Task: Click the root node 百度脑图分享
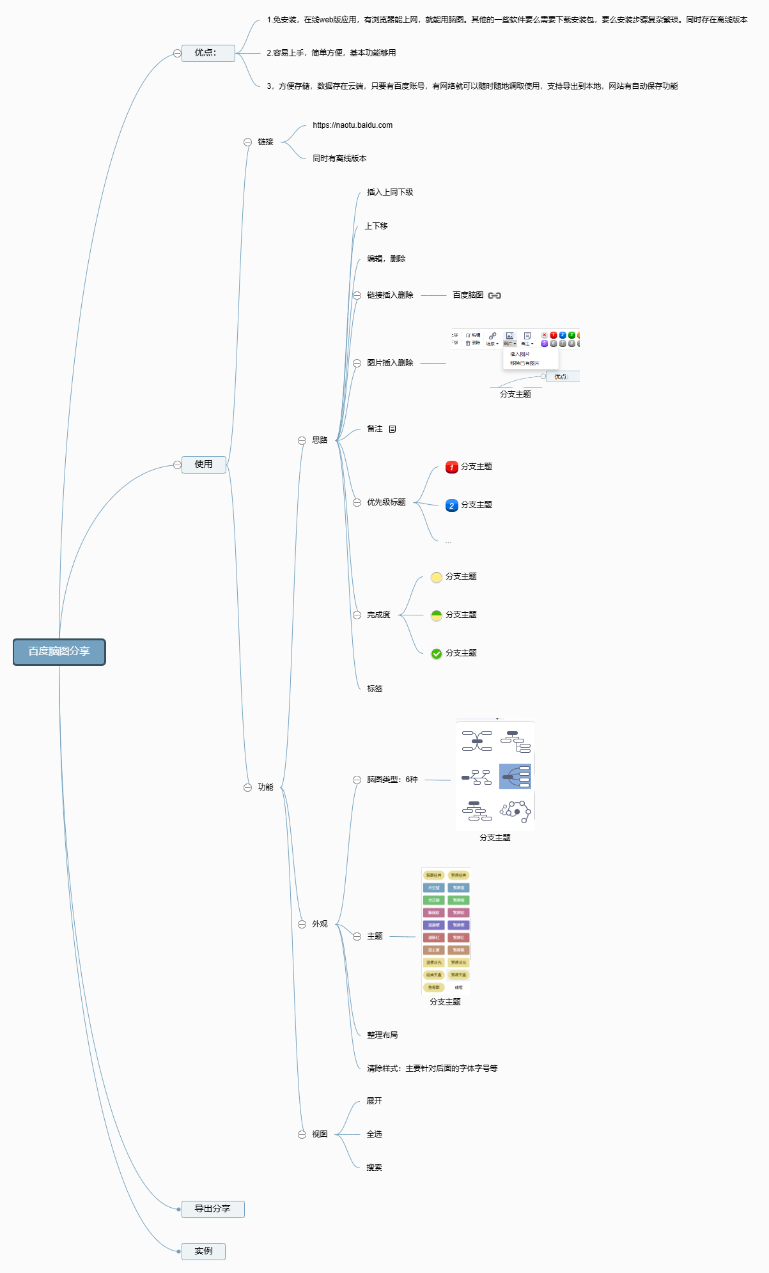[59, 652]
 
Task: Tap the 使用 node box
[204, 465]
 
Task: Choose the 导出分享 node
[213, 1209]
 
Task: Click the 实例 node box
[204, 1251]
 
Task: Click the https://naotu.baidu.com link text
[352, 125]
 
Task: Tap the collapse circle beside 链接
[247, 142]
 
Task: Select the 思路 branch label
[320, 440]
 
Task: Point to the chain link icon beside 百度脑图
[495, 295]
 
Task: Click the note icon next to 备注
[392, 429]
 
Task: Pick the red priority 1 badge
[452, 467]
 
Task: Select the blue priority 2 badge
[452, 505]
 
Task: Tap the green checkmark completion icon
[437, 654]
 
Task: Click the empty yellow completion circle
[437, 577]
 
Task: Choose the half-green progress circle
[437, 615]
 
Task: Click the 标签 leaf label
[375, 689]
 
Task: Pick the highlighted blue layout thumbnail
[515, 776]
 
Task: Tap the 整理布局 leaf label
[382, 1035]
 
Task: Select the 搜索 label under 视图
[374, 1168]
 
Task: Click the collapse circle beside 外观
[302, 924]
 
